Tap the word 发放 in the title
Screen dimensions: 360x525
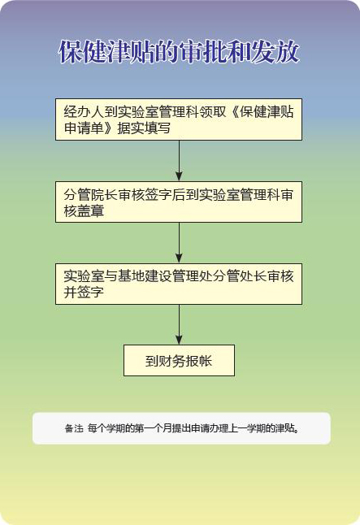point(275,52)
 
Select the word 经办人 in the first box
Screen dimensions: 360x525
point(84,112)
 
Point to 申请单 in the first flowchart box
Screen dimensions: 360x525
point(84,128)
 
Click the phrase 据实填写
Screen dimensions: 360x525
point(144,128)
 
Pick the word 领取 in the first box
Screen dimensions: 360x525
point(213,112)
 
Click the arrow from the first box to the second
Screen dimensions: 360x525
point(179,161)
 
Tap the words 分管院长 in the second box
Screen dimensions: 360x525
point(90,195)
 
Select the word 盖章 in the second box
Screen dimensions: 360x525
point(90,211)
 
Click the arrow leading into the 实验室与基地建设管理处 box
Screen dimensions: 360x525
point(179,243)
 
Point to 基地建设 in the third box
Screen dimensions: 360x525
point(144,276)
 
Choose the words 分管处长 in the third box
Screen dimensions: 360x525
point(240,276)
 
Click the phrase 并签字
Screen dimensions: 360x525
point(84,293)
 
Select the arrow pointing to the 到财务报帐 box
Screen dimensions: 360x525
point(179,324)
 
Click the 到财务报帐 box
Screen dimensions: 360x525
point(179,360)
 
